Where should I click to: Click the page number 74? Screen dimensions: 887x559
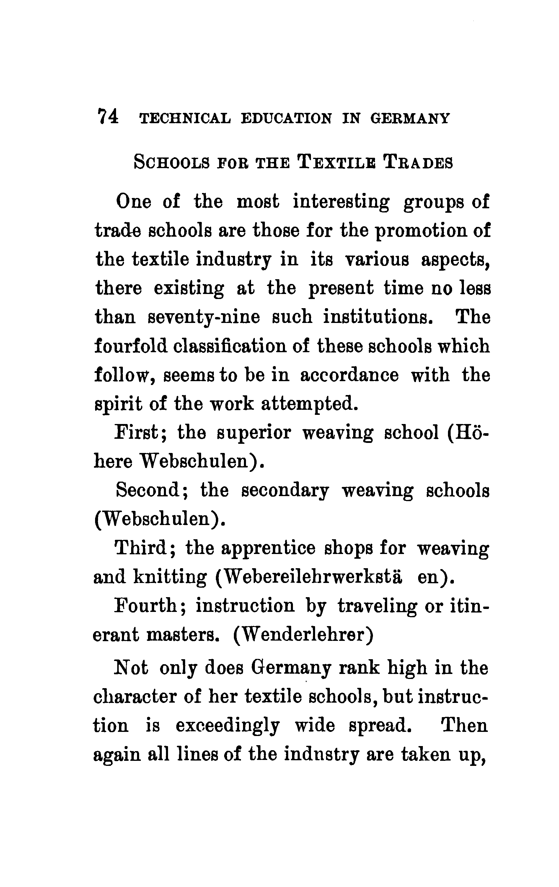pyautogui.click(x=107, y=117)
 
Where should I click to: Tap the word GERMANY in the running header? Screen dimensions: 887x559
pyautogui.click(x=410, y=118)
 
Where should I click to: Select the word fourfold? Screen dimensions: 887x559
pyautogui.click(x=131, y=346)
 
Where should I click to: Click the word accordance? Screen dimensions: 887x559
pyautogui.click(x=349, y=375)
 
